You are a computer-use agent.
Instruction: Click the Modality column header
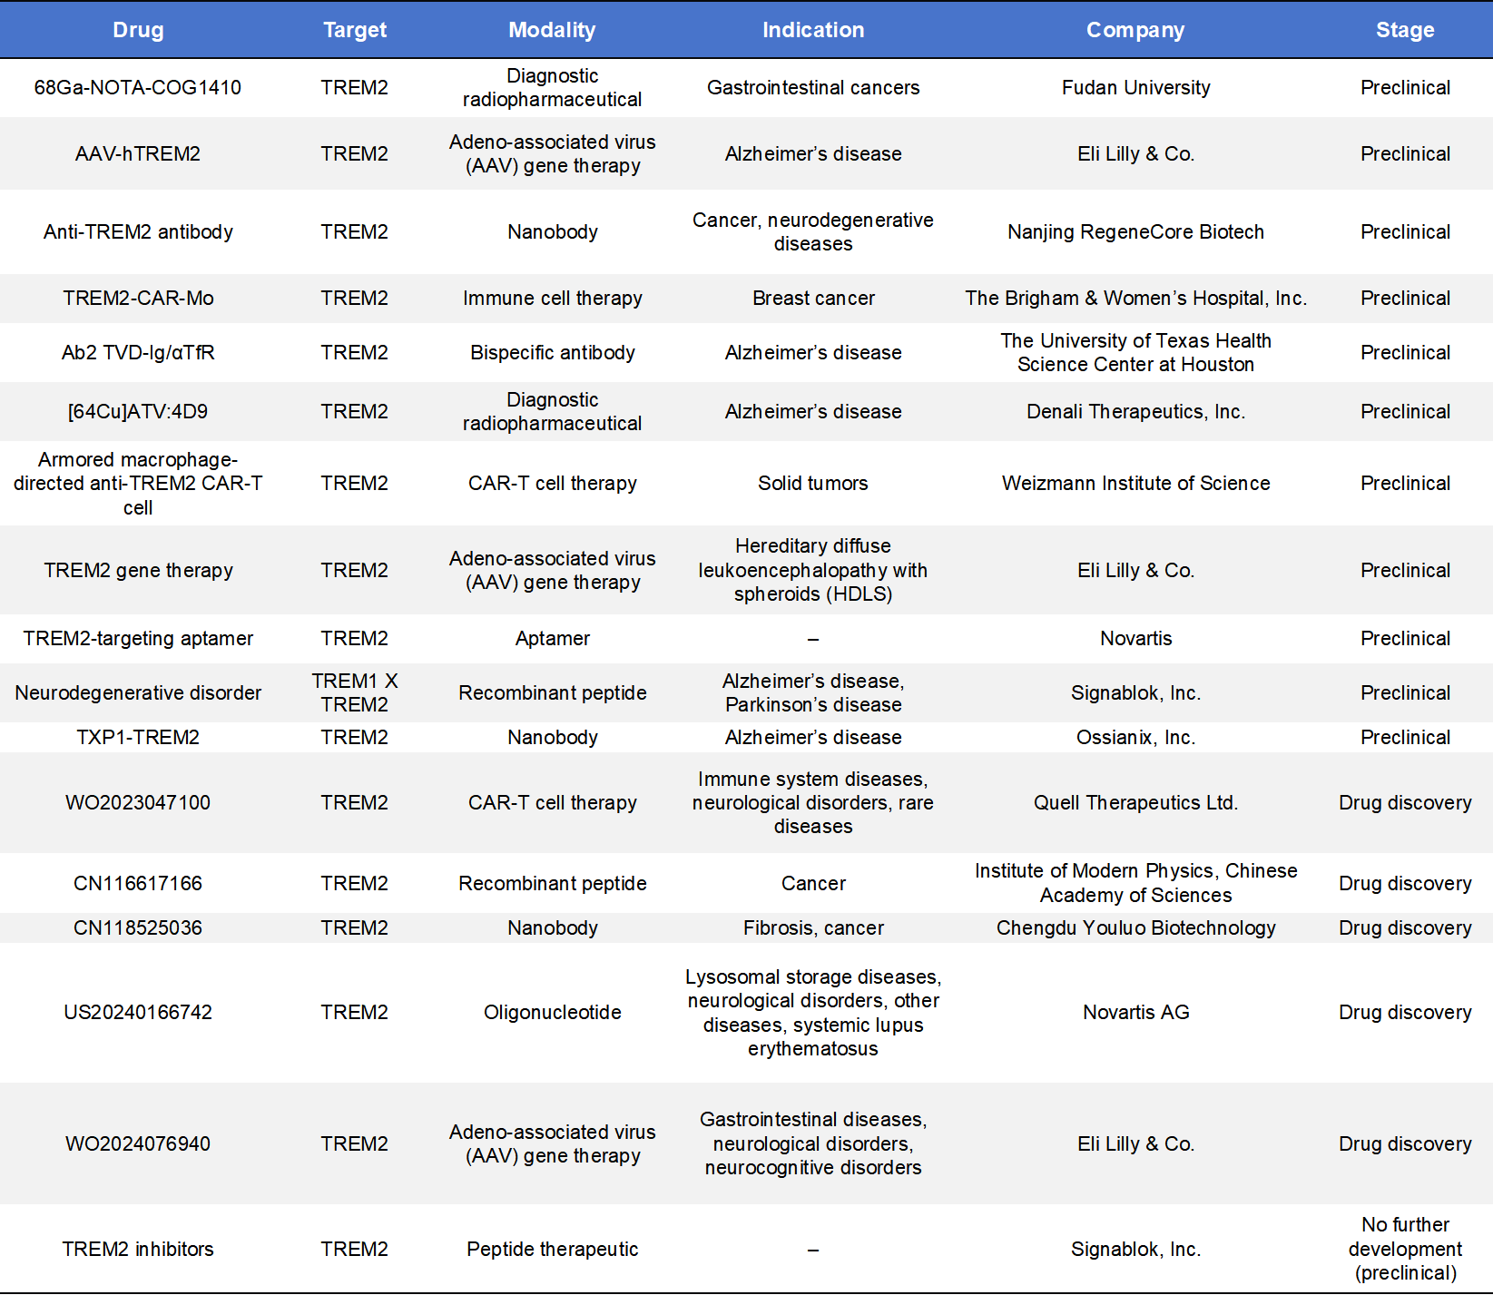(552, 30)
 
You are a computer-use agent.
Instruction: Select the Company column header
(1135, 30)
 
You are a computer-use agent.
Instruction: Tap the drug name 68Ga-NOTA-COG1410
(138, 87)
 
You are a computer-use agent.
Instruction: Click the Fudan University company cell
(1135, 87)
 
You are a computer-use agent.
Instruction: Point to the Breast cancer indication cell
(813, 298)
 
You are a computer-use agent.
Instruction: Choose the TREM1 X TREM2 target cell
(355, 692)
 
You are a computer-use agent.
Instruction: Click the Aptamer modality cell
(552, 638)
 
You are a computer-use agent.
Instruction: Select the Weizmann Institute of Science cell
(1135, 483)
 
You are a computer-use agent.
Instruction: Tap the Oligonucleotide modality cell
(552, 1012)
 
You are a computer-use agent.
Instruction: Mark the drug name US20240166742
(138, 1012)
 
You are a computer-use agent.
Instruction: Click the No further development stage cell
(1405, 1249)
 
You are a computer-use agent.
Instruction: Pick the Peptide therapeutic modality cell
(552, 1249)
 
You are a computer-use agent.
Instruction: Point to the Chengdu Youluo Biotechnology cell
(1135, 927)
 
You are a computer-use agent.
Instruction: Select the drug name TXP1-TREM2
(138, 737)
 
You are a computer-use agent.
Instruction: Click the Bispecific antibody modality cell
(552, 352)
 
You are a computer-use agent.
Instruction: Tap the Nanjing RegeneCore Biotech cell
(1135, 231)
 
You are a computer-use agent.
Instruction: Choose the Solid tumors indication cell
(813, 483)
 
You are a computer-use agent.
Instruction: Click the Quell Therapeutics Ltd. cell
(1135, 802)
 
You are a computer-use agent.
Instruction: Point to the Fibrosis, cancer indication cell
(813, 927)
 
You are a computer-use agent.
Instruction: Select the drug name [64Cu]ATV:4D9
(138, 411)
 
